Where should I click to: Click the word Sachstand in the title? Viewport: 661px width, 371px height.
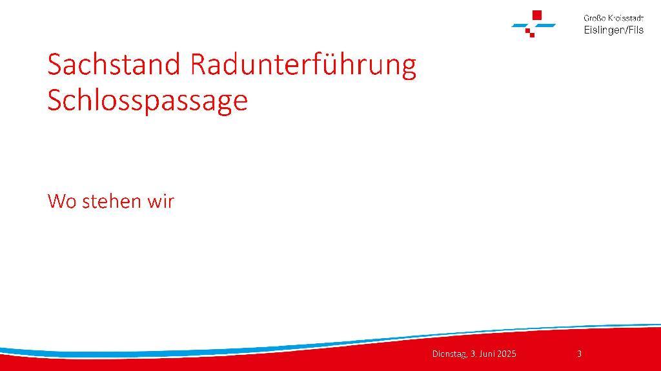114,64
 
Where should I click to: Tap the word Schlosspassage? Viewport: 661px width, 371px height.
148,101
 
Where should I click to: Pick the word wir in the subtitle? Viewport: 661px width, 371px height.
161,201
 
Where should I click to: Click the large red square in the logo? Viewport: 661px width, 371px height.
537,15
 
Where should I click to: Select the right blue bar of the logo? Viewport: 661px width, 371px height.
545,26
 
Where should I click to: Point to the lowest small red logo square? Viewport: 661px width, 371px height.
532,35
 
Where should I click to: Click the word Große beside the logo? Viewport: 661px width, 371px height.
595,18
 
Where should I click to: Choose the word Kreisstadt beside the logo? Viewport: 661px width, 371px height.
626,18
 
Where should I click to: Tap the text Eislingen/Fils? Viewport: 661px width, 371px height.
614,30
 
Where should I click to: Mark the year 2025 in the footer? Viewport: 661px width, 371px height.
507,354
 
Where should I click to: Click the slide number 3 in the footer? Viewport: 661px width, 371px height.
579,354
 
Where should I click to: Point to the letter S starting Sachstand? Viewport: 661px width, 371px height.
55,64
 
